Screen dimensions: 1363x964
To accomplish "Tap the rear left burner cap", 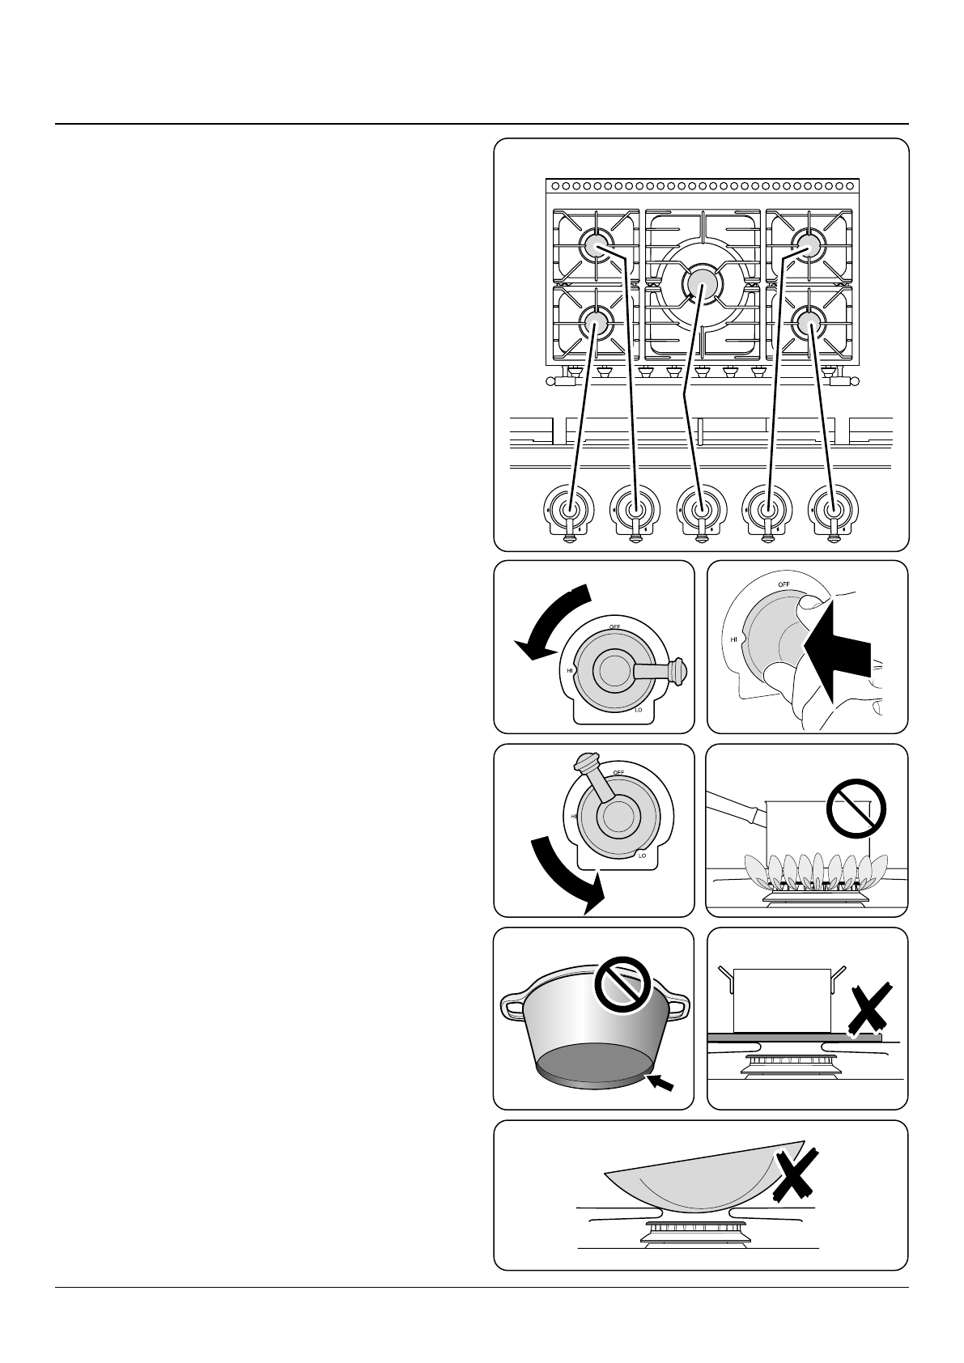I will [595, 246].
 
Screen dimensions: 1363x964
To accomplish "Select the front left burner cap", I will [595, 323].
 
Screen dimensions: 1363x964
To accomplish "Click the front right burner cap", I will [807, 323].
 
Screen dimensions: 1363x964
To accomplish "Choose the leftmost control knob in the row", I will [569, 510].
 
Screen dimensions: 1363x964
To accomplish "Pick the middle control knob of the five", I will [701, 510].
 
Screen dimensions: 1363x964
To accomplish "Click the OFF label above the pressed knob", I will [784, 584].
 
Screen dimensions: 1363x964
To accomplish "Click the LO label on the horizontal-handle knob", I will [639, 710].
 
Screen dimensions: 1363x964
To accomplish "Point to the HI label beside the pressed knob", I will [734, 639].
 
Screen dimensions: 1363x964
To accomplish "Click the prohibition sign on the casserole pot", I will [623, 986].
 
